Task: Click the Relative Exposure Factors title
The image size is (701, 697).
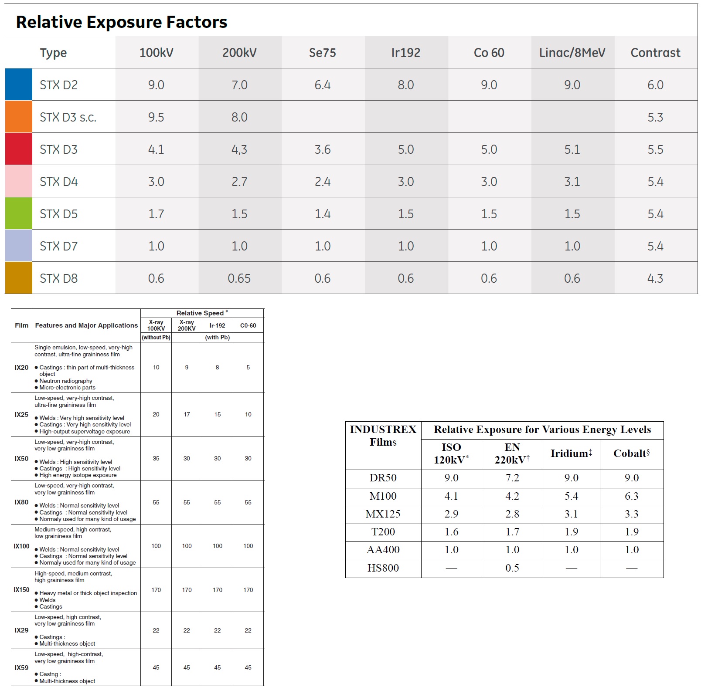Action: [122, 22]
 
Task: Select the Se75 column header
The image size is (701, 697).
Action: [323, 53]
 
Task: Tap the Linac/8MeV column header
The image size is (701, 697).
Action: [572, 53]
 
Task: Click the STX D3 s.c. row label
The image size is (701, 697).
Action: [68, 117]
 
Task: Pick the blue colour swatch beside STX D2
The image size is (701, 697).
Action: [19, 85]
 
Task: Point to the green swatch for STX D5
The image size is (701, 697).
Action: [19, 213]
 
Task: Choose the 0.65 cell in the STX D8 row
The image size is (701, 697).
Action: [239, 278]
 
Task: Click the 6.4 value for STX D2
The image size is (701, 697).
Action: [323, 85]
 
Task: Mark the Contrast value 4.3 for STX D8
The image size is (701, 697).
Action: [655, 278]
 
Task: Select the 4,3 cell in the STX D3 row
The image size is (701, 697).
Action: [239, 149]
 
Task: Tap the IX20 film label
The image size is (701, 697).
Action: [21, 368]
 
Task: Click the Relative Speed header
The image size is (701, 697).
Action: [202, 313]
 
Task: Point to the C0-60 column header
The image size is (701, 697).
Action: [248, 325]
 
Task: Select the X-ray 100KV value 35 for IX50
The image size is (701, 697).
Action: [156, 458]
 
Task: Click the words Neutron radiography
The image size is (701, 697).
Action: [66, 381]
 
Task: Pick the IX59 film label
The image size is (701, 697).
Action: [21, 668]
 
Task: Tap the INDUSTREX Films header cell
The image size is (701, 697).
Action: [383, 436]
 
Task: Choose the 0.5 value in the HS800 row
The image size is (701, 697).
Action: [512, 568]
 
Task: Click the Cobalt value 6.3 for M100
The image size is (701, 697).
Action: [632, 496]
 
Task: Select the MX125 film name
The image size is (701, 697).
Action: [383, 514]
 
